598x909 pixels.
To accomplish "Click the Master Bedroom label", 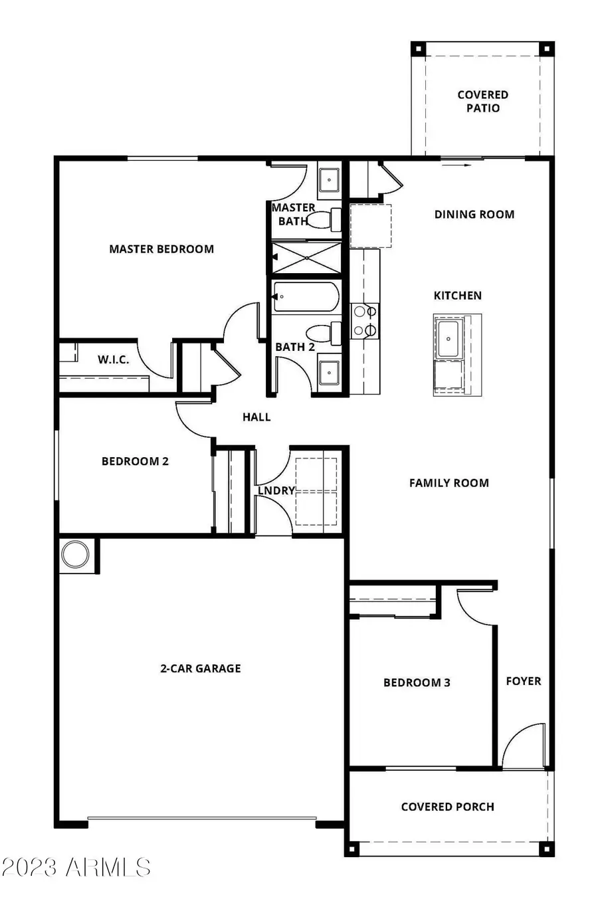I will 161,249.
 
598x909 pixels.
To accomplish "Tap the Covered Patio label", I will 482,102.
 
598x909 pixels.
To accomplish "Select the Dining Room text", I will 474,214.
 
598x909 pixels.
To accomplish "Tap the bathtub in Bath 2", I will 306,297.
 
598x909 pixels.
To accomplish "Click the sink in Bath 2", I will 329,373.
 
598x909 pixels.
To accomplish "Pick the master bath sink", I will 329,179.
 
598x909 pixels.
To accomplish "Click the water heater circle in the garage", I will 74,554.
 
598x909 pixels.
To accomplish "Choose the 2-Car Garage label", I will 201,668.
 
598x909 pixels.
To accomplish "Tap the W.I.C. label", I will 114,359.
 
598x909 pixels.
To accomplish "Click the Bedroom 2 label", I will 135,461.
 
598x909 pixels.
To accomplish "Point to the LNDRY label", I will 276,490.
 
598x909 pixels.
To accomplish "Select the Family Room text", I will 449,483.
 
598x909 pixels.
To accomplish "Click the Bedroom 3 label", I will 417,682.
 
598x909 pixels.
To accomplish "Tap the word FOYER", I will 524,681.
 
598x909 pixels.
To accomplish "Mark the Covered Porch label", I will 448,807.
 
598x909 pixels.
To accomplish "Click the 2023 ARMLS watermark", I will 76,866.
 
